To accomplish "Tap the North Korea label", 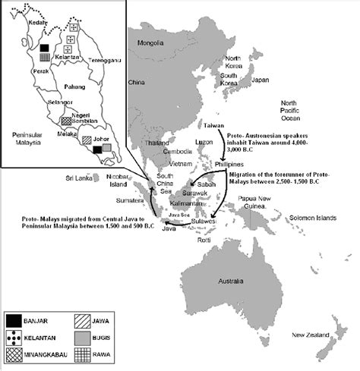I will [x=232, y=62].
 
